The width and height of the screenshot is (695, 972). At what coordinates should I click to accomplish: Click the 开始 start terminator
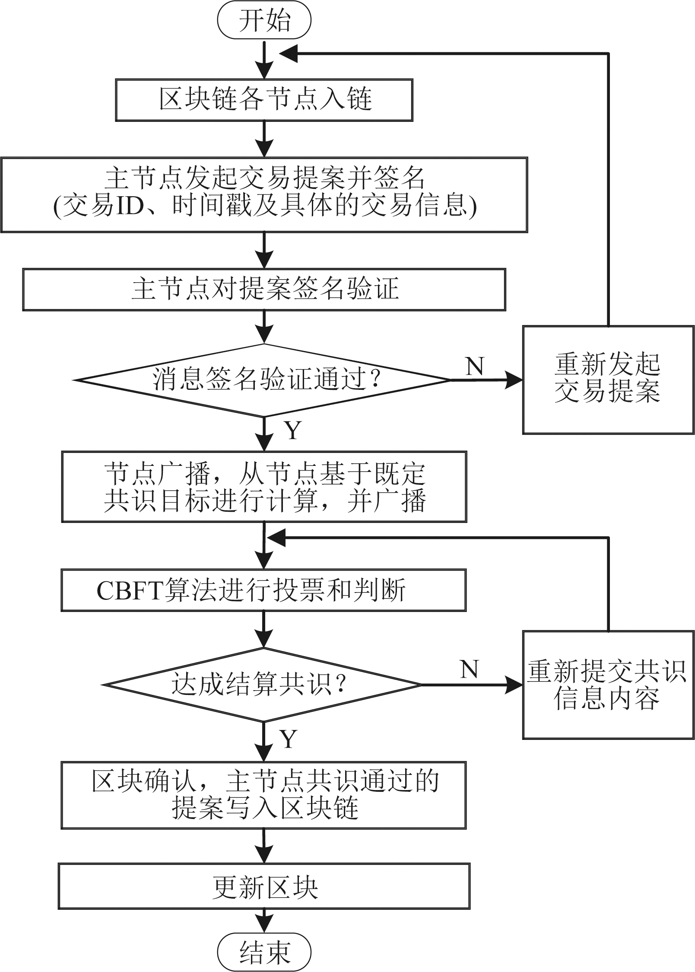(264, 21)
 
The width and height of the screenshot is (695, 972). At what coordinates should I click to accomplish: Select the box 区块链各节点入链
(264, 99)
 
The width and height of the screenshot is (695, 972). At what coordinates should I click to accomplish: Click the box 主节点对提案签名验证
(264, 290)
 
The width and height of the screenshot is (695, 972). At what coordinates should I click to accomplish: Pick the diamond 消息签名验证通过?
(264, 380)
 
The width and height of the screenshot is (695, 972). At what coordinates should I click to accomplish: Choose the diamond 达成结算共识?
(264, 685)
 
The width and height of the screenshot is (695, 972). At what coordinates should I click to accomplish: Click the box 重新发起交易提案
(608, 379)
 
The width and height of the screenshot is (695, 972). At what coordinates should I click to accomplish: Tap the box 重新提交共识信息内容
(608, 685)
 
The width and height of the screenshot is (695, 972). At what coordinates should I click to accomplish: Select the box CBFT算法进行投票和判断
(263, 590)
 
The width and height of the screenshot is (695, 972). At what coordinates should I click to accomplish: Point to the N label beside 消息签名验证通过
(475, 366)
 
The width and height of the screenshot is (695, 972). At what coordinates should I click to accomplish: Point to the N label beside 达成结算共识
(470, 669)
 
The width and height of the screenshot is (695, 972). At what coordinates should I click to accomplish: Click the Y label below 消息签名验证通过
(292, 430)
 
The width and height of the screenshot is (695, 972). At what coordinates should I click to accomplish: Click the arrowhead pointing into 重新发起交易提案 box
(514, 380)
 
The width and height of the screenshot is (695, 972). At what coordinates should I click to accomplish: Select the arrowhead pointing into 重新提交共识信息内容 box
(514, 685)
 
